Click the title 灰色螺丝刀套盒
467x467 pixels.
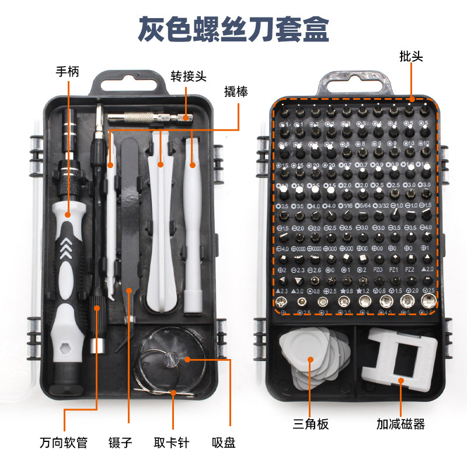click(233, 28)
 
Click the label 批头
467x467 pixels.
click(412, 57)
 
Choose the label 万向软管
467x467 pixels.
click(64, 442)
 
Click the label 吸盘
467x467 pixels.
click(224, 442)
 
